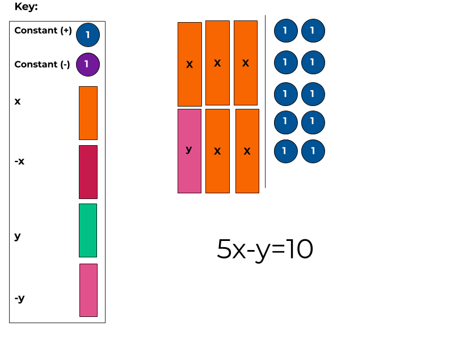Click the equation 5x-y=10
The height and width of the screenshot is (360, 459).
click(x=264, y=249)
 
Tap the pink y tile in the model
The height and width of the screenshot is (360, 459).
click(x=190, y=151)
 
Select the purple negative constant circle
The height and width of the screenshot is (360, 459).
click(x=87, y=65)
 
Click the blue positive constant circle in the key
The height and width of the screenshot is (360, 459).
click(x=87, y=35)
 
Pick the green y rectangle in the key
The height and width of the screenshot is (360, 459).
click(x=88, y=230)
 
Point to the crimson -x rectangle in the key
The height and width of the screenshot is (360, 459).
click(x=88, y=172)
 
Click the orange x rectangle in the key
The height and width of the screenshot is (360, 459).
click(x=88, y=113)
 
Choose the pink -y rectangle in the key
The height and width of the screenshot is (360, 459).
click(x=89, y=290)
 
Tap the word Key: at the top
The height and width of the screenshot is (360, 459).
click(x=26, y=7)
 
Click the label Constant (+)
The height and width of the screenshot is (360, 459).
click(x=43, y=31)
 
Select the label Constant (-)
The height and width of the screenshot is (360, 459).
click(x=42, y=65)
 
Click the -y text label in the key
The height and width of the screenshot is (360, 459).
click(x=20, y=298)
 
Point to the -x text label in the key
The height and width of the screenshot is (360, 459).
click(x=20, y=162)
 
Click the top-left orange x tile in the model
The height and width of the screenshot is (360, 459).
click(x=190, y=64)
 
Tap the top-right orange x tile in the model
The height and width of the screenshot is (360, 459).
click(x=246, y=63)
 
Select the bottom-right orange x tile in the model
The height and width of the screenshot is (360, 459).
click(x=247, y=151)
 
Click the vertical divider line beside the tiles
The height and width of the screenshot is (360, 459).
click(x=265, y=102)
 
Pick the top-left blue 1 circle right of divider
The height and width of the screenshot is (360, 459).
click(x=285, y=31)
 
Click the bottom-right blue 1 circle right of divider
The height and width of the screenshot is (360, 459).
click(x=313, y=151)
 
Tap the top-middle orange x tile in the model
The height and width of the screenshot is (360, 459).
click(x=217, y=63)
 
